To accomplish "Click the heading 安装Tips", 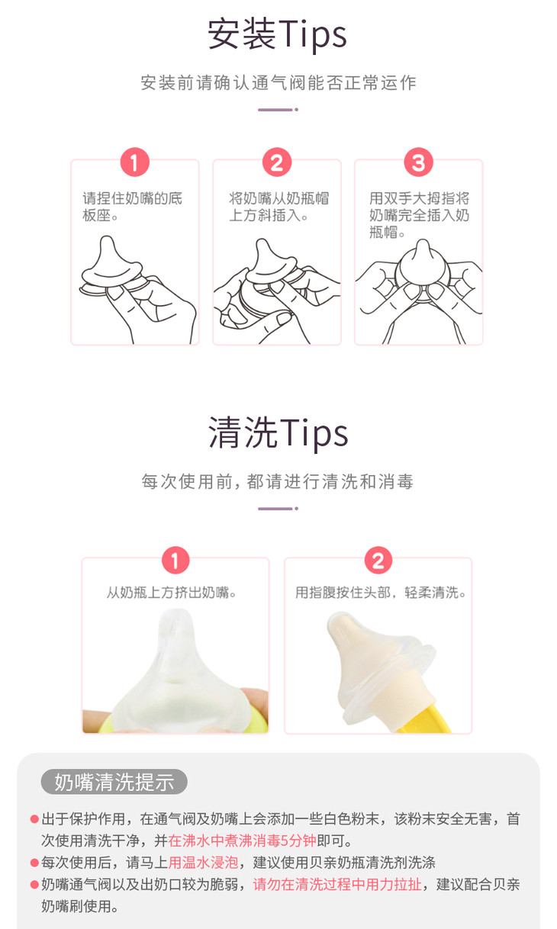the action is click(x=277, y=35).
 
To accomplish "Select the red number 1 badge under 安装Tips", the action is click(x=135, y=162).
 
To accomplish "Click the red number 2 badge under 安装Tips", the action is click(x=277, y=162).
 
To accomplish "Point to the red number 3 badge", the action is click(x=419, y=162).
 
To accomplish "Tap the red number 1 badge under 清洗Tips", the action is click(x=175, y=561).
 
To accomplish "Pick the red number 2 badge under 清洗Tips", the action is click(x=378, y=561).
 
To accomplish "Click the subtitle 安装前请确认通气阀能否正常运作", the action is click(x=278, y=82).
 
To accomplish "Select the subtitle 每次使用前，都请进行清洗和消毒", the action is click(x=278, y=481).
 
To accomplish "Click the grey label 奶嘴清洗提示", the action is click(x=114, y=783).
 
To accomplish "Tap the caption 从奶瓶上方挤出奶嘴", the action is click(x=171, y=593).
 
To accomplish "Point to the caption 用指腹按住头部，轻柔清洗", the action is click(x=380, y=593).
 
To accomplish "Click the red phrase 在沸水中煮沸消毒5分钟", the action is click(x=242, y=841).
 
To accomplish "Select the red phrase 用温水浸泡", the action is click(x=203, y=863).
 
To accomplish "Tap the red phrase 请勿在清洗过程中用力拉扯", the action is click(x=337, y=885).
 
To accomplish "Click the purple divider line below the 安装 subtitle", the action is click(x=278, y=110).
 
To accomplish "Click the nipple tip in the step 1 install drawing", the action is click(x=108, y=240).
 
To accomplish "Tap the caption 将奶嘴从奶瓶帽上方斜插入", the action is click(x=278, y=207).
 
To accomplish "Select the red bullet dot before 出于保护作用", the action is click(x=34, y=819).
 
